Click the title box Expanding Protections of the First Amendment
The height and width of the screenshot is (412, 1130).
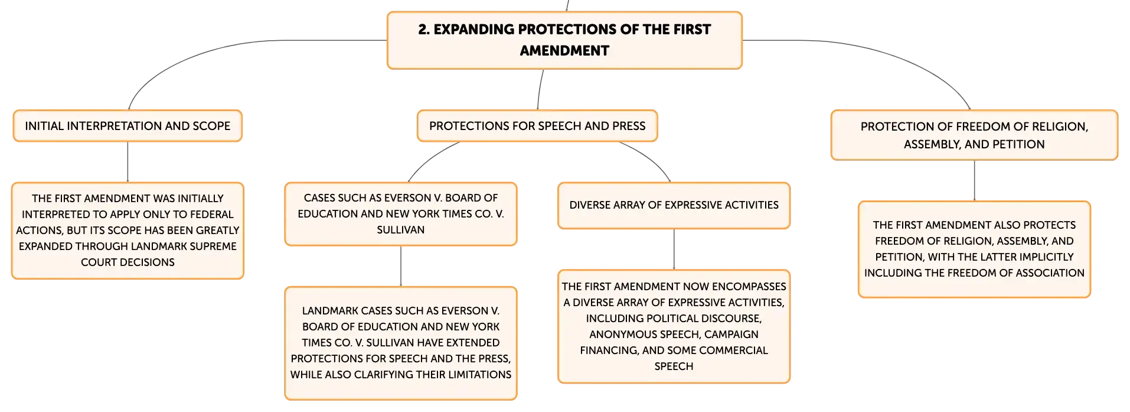tap(564, 40)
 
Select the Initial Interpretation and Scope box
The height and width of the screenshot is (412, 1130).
tap(128, 126)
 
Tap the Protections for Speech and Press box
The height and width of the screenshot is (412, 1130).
tap(537, 126)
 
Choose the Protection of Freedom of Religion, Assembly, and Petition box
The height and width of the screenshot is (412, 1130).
tap(974, 135)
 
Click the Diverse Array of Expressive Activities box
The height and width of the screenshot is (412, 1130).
tap(674, 205)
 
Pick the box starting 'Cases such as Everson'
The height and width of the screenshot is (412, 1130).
tap(401, 214)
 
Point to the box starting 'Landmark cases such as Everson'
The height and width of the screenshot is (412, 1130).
tap(401, 343)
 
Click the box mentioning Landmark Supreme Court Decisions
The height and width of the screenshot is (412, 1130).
tap(128, 231)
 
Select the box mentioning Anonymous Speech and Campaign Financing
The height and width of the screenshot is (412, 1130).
tap(674, 326)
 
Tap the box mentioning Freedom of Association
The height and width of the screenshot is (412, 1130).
tap(974, 249)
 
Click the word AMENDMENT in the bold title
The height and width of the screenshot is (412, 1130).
tap(564, 51)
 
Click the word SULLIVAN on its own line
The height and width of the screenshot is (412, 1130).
tap(401, 230)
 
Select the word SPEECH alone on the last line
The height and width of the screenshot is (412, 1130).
tap(674, 366)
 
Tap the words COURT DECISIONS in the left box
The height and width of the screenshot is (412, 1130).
tap(128, 262)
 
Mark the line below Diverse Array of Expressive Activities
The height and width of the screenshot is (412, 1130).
tap(674, 249)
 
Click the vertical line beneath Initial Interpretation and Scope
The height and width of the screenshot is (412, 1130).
tap(128, 162)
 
